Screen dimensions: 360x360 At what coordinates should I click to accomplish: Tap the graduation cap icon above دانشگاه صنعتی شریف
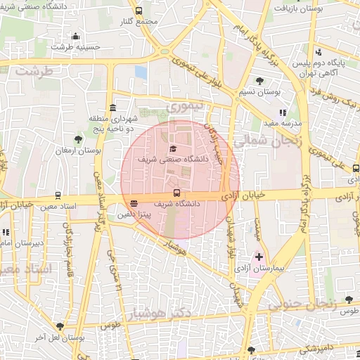click(174, 148)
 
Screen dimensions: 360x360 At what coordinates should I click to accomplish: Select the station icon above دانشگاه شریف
click(176, 193)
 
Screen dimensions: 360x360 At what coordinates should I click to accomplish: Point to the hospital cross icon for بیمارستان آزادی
click(259, 257)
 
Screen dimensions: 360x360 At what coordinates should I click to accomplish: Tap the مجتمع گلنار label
click(139, 21)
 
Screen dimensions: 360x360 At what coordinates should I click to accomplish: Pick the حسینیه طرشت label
click(75, 47)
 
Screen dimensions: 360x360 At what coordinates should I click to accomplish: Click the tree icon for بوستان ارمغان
click(78, 139)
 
